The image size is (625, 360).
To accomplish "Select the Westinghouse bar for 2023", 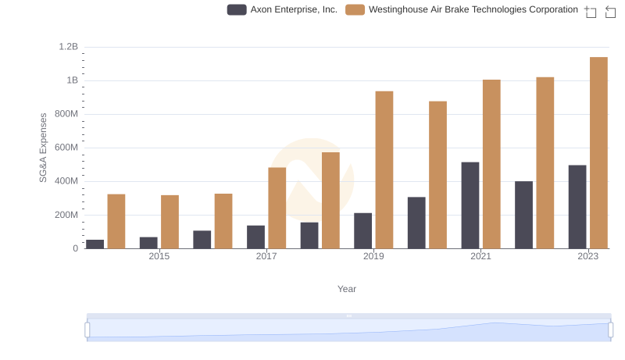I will [x=598, y=153].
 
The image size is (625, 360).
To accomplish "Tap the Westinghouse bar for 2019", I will [x=384, y=170].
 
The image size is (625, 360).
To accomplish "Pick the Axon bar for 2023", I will [x=577, y=207].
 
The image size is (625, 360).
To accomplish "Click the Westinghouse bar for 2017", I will [x=277, y=209].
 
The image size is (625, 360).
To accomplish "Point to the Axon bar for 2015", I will [x=148, y=243].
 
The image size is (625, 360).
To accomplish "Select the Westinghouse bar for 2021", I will [x=491, y=164].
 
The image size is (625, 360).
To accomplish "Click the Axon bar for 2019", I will [x=362, y=231].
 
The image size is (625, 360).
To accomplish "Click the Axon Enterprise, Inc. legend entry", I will [x=282, y=10].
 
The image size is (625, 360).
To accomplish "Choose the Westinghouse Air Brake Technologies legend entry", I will [x=461, y=10].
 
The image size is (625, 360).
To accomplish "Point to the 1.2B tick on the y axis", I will [x=68, y=47].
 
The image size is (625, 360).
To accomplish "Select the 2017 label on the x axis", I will [x=266, y=256].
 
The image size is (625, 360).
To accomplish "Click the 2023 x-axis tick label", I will [x=587, y=256].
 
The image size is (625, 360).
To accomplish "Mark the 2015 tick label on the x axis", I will [x=159, y=256].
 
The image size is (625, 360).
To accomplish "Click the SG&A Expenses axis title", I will [x=44, y=148].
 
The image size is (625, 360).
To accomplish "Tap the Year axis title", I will [x=347, y=289].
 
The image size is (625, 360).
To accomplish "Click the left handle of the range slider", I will [x=87, y=330].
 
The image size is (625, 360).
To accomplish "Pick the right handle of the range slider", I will [x=610, y=330].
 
